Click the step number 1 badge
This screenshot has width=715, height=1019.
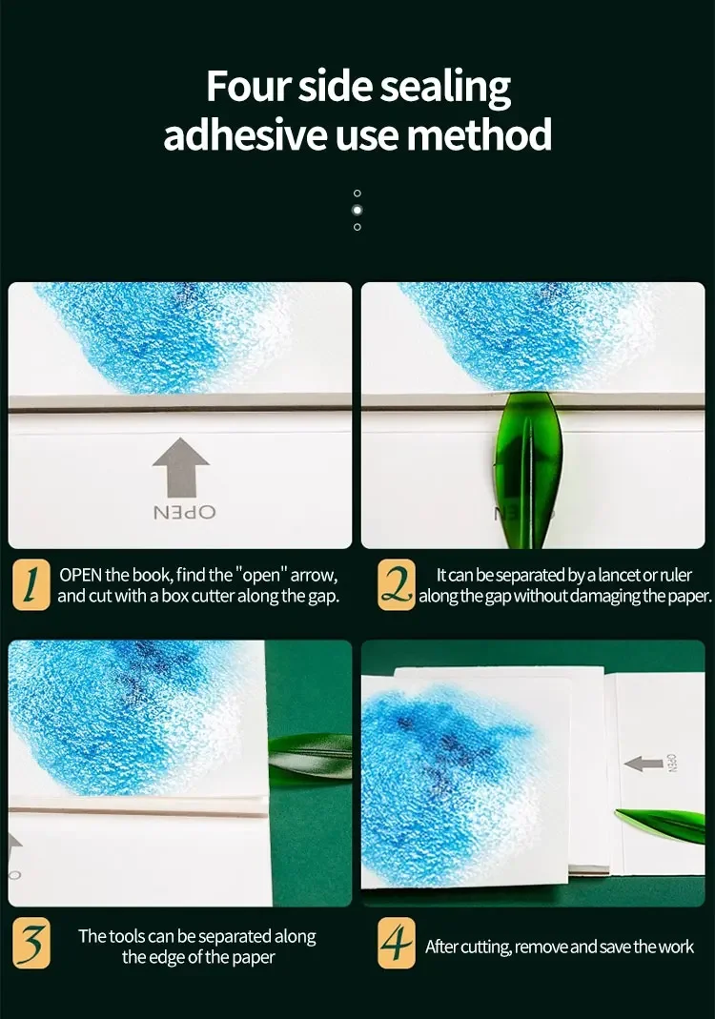31,584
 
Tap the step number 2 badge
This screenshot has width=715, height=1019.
397,584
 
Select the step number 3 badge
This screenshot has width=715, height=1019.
31,943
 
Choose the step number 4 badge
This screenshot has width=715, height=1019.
397,943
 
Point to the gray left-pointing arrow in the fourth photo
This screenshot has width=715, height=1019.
643,764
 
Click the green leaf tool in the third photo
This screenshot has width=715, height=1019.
310,756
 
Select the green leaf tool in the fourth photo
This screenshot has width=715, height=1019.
660,825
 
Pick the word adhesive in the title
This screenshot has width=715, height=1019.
244,133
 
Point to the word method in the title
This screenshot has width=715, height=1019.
479,133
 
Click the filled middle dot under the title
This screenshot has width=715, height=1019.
357,210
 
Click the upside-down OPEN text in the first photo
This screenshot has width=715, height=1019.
184,513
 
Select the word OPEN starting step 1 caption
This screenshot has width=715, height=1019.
81,575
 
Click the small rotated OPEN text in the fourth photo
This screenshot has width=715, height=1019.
673,764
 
